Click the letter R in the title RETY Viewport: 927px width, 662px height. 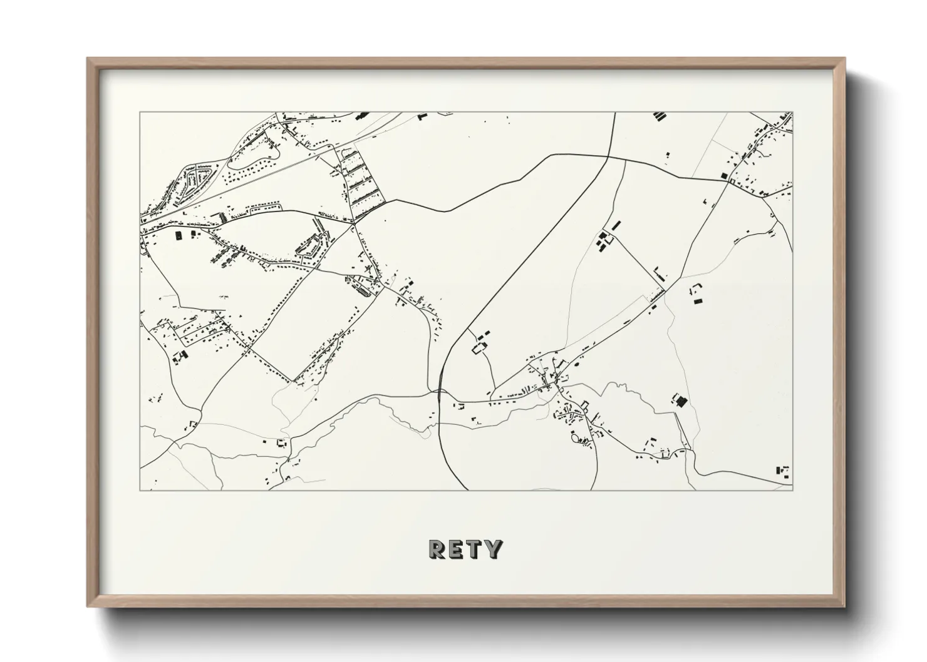click(x=437, y=549)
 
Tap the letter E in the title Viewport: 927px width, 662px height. click(x=455, y=549)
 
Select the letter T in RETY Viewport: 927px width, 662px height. click(x=474, y=549)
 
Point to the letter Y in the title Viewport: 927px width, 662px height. click(x=493, y=549)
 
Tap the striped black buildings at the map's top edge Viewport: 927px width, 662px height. click(x=658, y=116)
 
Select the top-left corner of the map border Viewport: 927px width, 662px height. click(x=140, y=113)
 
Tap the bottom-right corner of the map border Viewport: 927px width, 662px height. click(x=792, y=490)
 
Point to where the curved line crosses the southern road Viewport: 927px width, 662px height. click(x=440, y=392)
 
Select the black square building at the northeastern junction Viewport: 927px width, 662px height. click(x=725, y=176)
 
